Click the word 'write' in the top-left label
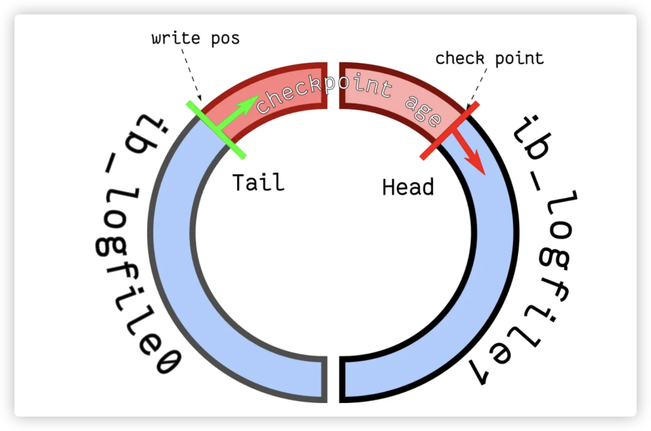[176, 38]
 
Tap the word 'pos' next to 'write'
[225, 39]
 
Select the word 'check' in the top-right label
[460, 58]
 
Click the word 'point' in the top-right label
[519, 58]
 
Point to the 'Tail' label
[258, 183]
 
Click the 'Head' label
[408, 187]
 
